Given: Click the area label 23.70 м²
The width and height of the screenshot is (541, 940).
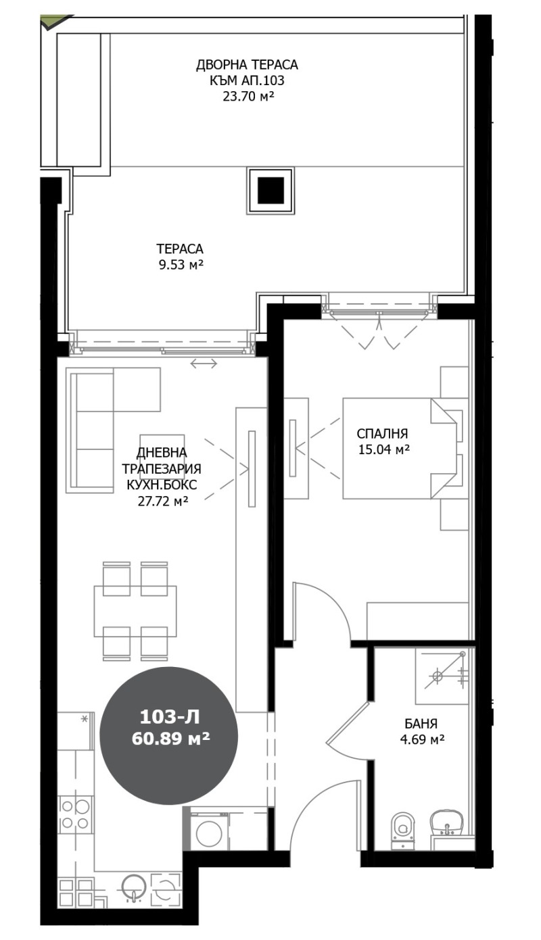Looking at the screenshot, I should (248, 97).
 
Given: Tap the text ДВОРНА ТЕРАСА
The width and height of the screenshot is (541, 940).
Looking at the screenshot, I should (247, 65).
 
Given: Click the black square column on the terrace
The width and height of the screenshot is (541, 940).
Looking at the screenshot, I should (270, 191).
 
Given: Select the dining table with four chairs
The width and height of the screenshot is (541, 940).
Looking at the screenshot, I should (135, 610).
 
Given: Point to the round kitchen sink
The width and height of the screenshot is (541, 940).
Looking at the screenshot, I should (133, 887).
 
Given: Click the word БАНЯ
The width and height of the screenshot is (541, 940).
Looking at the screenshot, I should (422, 724).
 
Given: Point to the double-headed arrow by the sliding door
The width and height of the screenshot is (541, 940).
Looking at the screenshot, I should (204, 364).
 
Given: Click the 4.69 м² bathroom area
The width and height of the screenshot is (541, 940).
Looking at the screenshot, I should (423, 739).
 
